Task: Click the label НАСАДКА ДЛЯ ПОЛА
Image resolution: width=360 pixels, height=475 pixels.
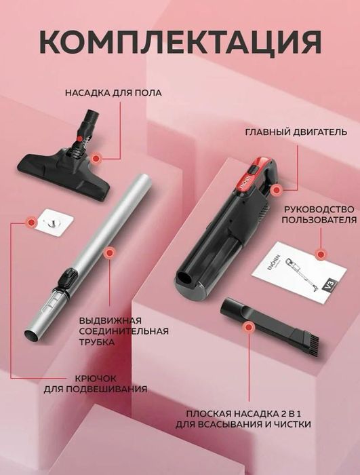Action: [x=113, y=93]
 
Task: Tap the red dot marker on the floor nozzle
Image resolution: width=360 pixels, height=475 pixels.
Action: [x=96, y=157]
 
